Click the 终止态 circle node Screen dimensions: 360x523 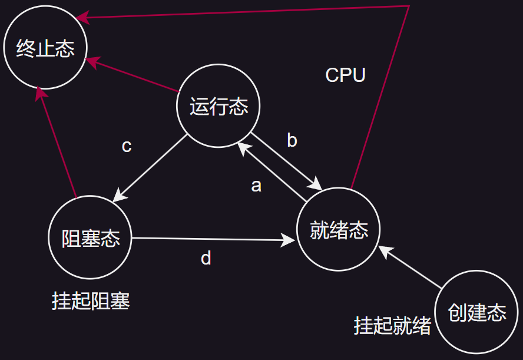[45, 48]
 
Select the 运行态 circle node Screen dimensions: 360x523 [219, 107]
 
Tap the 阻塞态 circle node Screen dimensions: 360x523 [91, 237]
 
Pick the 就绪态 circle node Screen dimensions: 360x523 [339, 230]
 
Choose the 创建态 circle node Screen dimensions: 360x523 [476, 312]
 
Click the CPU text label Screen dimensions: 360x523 [346, 75]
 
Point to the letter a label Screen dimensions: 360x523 [256, 186]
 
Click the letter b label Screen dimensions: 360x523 [292, 141]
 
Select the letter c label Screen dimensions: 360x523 [127, 146]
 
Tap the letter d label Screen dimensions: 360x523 [206, 258]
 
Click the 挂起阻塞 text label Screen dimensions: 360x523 [91, 300]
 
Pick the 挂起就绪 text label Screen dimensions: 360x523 [392, 325]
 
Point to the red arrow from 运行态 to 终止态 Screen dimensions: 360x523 [134, 75]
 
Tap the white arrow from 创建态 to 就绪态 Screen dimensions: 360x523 [411, 267]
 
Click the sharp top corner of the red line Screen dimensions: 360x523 [409, 6]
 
